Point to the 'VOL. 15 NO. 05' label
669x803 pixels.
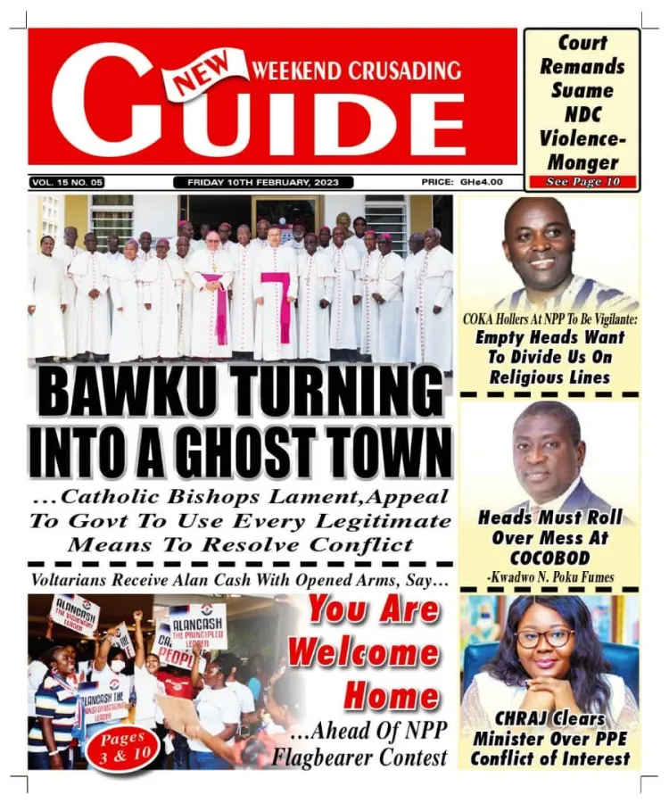point(67,182)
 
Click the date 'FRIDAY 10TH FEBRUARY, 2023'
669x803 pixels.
point(269,182)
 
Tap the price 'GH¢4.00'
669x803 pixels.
point(481,182)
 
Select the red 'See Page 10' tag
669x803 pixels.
point(582,182)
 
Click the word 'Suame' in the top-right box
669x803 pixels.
point(582,90)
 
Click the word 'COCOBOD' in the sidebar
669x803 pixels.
point(550,558)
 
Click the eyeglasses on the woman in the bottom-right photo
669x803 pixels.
point(545,637)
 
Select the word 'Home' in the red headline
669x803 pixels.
point(392,695)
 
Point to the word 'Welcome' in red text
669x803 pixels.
point(363,653)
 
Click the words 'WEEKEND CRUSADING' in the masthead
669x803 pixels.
point(357,70)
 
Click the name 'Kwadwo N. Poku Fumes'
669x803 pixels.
point(550,577)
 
